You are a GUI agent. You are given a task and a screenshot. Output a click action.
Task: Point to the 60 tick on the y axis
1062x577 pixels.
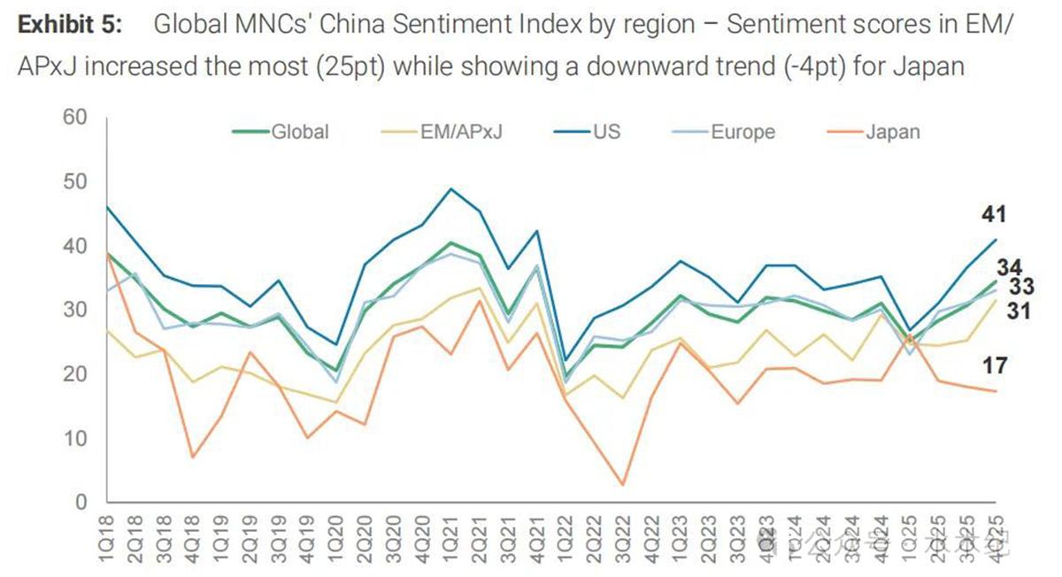click(75, 118)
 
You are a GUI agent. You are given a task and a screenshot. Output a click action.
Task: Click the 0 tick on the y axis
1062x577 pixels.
click(81, 503)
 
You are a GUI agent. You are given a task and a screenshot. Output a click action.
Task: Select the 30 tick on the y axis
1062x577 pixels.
click(75, 310)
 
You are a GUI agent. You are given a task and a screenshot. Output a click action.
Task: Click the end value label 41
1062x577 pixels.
click(993, 214)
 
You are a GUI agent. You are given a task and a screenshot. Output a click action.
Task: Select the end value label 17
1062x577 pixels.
click(993, 365)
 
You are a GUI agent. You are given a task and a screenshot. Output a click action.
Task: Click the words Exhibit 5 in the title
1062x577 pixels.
click(71, 25)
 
